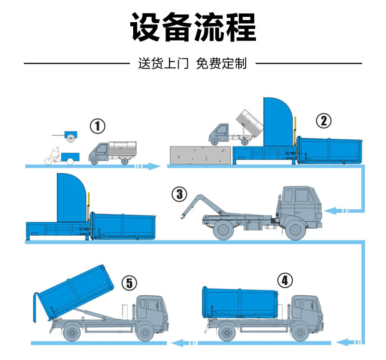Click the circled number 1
[97, 126]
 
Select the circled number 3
[179, 194]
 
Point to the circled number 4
[285, 280]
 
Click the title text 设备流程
[193, 27]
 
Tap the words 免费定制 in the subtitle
[221, 64]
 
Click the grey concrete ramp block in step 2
[199, 155]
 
